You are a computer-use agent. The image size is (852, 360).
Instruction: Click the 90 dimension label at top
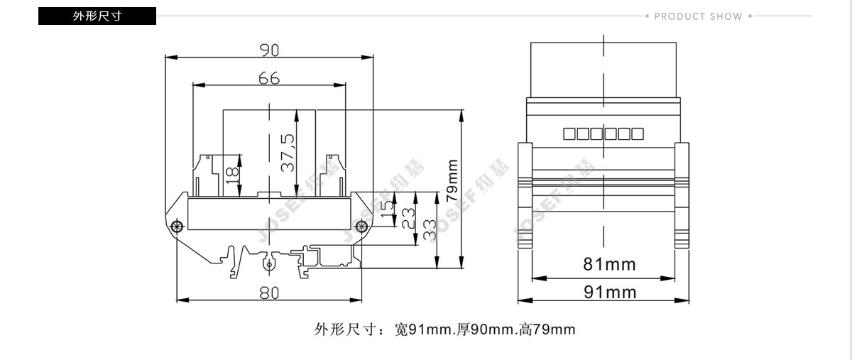point(269,50)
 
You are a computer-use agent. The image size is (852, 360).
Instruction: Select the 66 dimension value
point(269,78)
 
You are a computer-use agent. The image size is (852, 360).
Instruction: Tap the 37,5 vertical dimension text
point(288,153)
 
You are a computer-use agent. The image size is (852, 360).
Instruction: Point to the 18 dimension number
point(232,175)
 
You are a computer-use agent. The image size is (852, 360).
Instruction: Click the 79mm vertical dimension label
point(452,180)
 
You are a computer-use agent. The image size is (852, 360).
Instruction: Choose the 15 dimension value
point(387,209)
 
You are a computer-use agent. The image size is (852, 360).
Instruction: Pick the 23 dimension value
point(408,218)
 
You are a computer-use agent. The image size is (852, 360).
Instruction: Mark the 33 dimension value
point(430,230)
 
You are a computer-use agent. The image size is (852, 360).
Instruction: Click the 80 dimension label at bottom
point(269,293)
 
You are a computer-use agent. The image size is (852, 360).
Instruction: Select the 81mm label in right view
point(609,264)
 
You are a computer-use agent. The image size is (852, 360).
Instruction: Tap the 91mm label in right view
point(610,293)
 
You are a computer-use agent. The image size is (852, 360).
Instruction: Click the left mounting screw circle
point(177,227)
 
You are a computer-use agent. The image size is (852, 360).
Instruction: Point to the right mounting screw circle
point(361,227)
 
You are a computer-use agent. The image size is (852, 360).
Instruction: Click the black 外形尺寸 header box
point(97,16)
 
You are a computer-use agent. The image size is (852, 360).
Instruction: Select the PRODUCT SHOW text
point(699,16)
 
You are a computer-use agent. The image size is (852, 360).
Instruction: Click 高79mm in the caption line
point(547,329)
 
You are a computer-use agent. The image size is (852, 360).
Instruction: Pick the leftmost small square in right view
point(569,134)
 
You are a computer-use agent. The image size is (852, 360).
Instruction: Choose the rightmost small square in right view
point(638,134)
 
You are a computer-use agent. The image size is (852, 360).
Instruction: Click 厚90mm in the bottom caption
point(486,329)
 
